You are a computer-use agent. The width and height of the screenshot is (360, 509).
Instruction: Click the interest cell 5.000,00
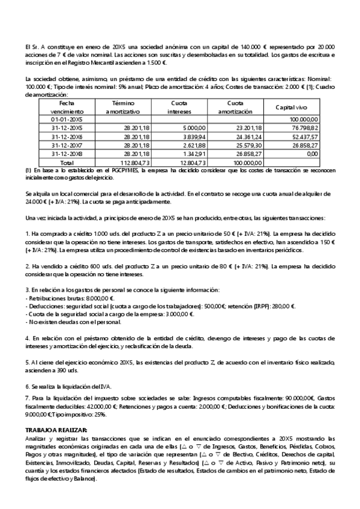pyautogui.click(x=193, y=128)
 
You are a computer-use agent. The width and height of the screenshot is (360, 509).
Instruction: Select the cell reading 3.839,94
pyautogui.click(x=193, y=136)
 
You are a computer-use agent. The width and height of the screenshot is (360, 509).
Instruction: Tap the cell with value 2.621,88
pyautogui.click(x=193, y=145)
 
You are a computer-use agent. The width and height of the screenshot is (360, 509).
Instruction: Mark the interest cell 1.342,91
pyautogui.click(x=193, y=153)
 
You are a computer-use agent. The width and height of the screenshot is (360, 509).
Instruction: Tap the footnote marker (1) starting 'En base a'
pyautogui.click(x=28, y=170)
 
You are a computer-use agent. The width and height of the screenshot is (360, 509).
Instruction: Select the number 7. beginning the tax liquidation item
pyautogui.click(x=27, y=398)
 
